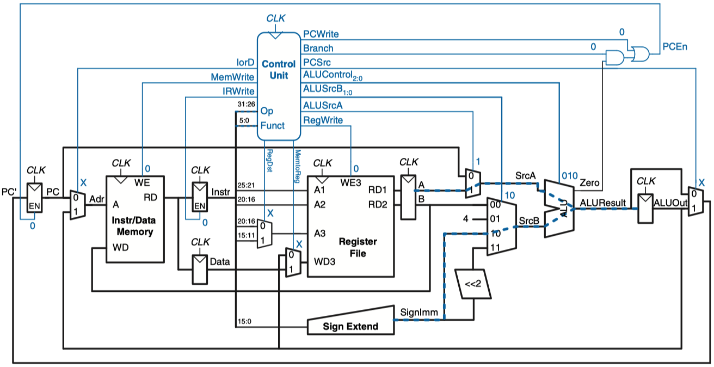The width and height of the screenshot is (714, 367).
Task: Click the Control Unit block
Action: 279,86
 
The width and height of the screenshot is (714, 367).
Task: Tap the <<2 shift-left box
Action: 473,284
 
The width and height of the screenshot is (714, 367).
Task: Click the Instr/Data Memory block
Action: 135,219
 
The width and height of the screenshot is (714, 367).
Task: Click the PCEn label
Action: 675,47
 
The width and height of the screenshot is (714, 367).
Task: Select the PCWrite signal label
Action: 321,34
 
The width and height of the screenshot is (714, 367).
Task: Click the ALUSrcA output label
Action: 323,106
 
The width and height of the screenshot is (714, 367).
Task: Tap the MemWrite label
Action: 232,77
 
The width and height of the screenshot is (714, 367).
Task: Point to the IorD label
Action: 245,63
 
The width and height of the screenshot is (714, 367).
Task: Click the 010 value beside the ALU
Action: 570,176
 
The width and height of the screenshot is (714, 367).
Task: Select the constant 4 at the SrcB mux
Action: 466,219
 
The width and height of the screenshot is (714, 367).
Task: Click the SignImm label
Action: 419,312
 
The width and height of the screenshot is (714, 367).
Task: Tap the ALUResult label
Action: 603,203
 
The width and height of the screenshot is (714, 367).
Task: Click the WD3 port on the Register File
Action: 324,262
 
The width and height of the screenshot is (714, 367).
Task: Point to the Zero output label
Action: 589,183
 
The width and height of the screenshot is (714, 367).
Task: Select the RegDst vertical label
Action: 269,161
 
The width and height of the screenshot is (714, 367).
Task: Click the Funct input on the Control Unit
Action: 272,126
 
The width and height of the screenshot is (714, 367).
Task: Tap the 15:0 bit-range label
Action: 244,321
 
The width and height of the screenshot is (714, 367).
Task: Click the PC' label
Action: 9,192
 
